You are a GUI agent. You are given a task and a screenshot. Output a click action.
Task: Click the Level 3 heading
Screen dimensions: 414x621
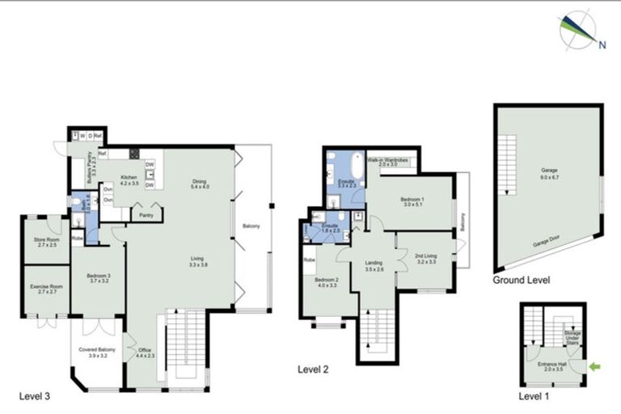point(34,396)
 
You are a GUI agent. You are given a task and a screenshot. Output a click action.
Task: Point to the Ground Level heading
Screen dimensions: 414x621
point(522,281)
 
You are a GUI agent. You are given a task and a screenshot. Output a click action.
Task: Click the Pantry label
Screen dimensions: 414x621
point(146,216)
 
